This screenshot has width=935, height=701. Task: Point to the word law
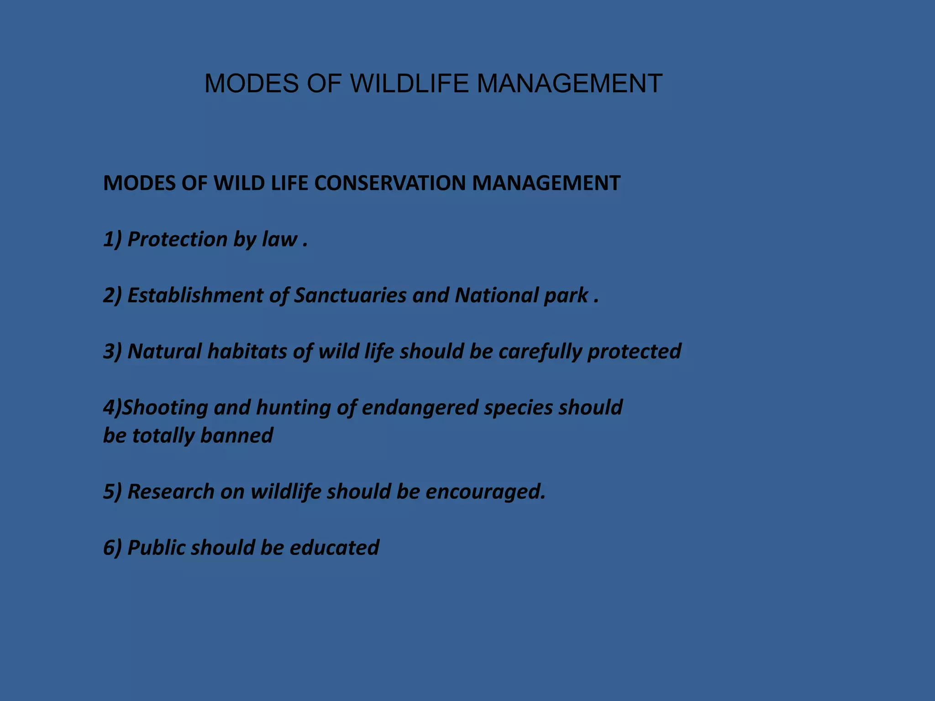point(279,239)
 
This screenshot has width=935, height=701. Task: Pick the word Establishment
point(195,295)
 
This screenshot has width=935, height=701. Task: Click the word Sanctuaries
point(350,295)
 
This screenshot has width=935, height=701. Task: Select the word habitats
point(247,351)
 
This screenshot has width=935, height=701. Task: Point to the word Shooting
point(165,408)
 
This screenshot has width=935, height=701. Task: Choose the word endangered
point(420,408)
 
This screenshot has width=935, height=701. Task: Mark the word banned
point(236,435)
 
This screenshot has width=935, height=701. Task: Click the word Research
point(171,492)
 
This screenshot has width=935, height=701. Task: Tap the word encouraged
point(485,492)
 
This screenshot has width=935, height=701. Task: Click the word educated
point(334,548)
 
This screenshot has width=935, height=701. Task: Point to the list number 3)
point(112,351)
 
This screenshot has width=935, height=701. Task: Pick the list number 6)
point(112,548)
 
